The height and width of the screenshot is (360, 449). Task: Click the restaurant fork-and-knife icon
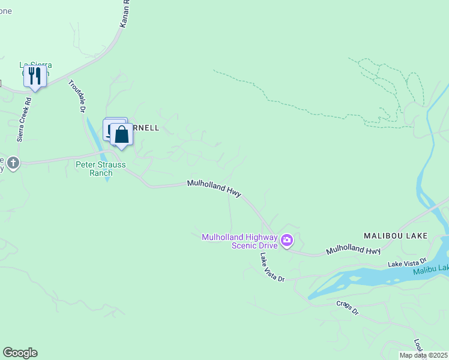click(x=35, y=76)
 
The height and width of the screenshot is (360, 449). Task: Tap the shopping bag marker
click(x=122, y=134)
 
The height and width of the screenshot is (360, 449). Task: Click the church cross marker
click(x=13, y=162)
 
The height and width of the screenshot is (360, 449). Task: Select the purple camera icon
click(x=287, y=241)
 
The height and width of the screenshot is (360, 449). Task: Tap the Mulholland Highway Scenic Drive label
click(x=240, y=241)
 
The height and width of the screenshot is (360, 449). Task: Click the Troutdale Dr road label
click(x=77, y=97)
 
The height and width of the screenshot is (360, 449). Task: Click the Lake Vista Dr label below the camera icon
click(x=271, y=267)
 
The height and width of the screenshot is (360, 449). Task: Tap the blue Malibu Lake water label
click(x=430, y=271)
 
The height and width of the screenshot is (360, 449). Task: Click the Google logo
click(x=20, y=353)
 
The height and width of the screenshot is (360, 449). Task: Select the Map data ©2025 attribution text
click(x=423, y=355)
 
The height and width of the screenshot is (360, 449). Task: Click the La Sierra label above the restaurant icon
click(x=35, y=65)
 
